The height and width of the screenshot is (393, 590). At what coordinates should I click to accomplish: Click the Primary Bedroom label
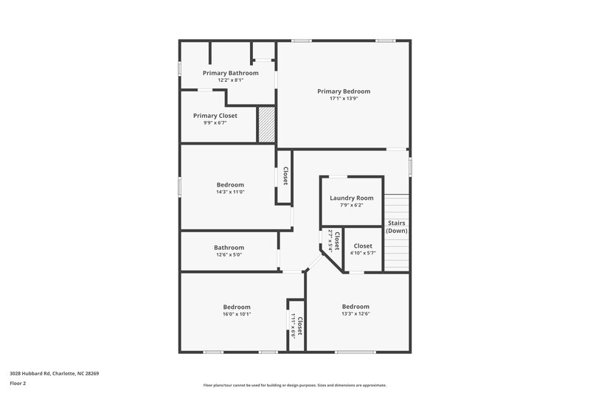[x=344, y=91]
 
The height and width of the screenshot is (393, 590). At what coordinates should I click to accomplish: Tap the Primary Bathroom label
[x=231, y=73]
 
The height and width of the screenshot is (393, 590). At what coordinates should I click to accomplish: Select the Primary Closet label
[x=215, y=116]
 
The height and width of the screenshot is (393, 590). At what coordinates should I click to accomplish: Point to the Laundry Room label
[x=352, y=198]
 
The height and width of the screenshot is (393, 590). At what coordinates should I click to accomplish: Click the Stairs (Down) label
[x=397, y=227]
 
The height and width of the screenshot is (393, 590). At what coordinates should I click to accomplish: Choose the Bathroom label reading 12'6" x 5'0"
[x=229, y=248]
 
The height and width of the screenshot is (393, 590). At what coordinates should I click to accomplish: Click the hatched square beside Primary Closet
[x=265, y=125]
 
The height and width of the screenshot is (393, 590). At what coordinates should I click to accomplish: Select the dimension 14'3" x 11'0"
[x=230, y=192]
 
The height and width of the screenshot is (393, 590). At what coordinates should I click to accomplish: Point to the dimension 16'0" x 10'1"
[x=237, y=314]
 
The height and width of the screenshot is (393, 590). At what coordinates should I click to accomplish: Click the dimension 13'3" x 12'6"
[x=355, y=313]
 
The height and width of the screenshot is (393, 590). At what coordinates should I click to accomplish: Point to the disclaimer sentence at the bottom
[x=294, y=385]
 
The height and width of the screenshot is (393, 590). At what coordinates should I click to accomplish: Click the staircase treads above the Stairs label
[x=397, y=206]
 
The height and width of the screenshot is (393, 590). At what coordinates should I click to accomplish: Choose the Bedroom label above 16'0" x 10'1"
[x=237, y=307]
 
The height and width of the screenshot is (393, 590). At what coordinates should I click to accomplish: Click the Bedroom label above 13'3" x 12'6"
[x=355, y=306]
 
